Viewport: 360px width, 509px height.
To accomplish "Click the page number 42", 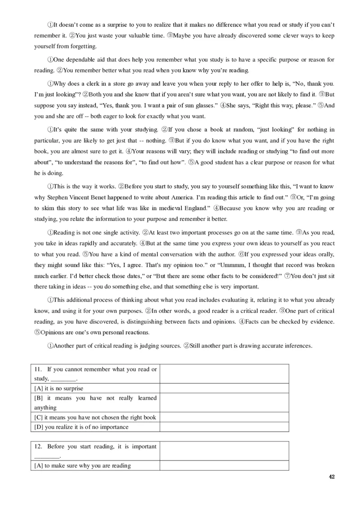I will (332, 477).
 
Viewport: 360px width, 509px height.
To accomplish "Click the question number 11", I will (38, 369).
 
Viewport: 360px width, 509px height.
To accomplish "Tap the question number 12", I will (38, 446).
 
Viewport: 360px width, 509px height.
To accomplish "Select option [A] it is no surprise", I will (59, 388).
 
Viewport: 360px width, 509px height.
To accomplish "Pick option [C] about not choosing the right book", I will (95, 417).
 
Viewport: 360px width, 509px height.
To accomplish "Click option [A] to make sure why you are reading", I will (82, 466).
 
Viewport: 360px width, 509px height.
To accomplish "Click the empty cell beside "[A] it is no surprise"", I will (224, 388).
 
